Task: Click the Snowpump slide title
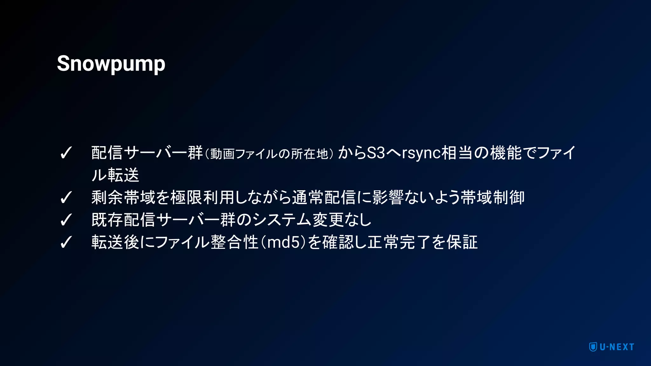pyautogui.click(x=111, y=64)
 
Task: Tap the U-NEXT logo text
pyautogui.click(x=617, y=347)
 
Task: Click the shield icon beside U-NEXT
pyautogui.click(x=593, y=347)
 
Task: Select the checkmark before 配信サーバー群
pyautogui.click(x=66, y=153)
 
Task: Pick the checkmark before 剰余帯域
pyautogui.click(x=66, y=198)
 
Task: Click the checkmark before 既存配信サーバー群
pyautogui.click(x=66, y=220)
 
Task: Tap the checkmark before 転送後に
pyautogui.click(x=66, y=242)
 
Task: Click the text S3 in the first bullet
pyautogui.click(x=376, y=153)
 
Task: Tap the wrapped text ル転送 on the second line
pyautogui.click(x=115, y=175)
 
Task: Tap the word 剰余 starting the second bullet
pyautogui.click(x=107, y=197)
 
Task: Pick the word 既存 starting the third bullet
pyautogui.click(x=107, y=220)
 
